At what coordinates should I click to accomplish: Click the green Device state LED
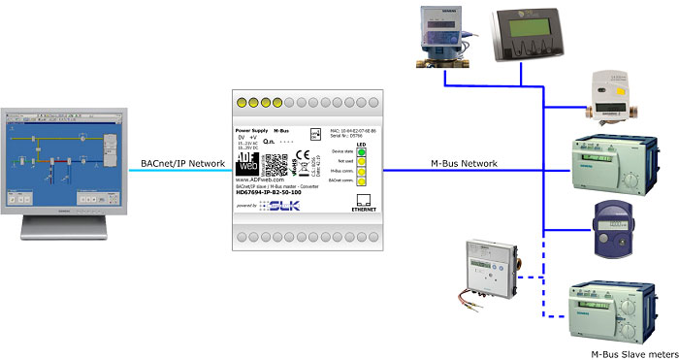[361, 151]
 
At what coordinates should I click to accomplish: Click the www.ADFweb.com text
[261, 179]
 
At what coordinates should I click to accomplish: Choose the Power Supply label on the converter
[251, 129]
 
